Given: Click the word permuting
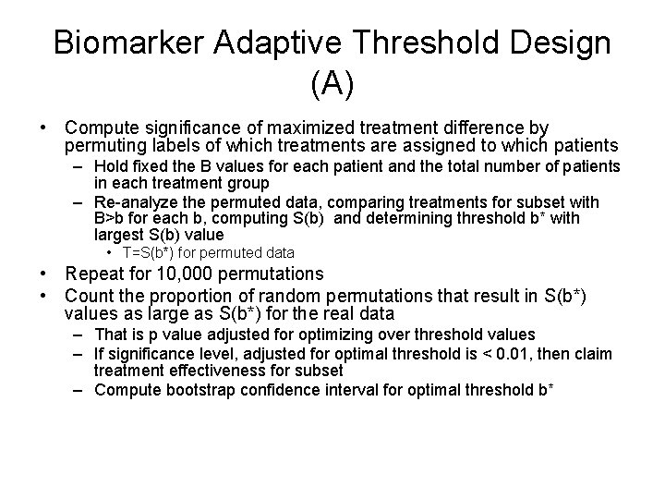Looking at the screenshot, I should [x=100, y=145].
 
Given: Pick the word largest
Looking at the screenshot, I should [x=120, y=236].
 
